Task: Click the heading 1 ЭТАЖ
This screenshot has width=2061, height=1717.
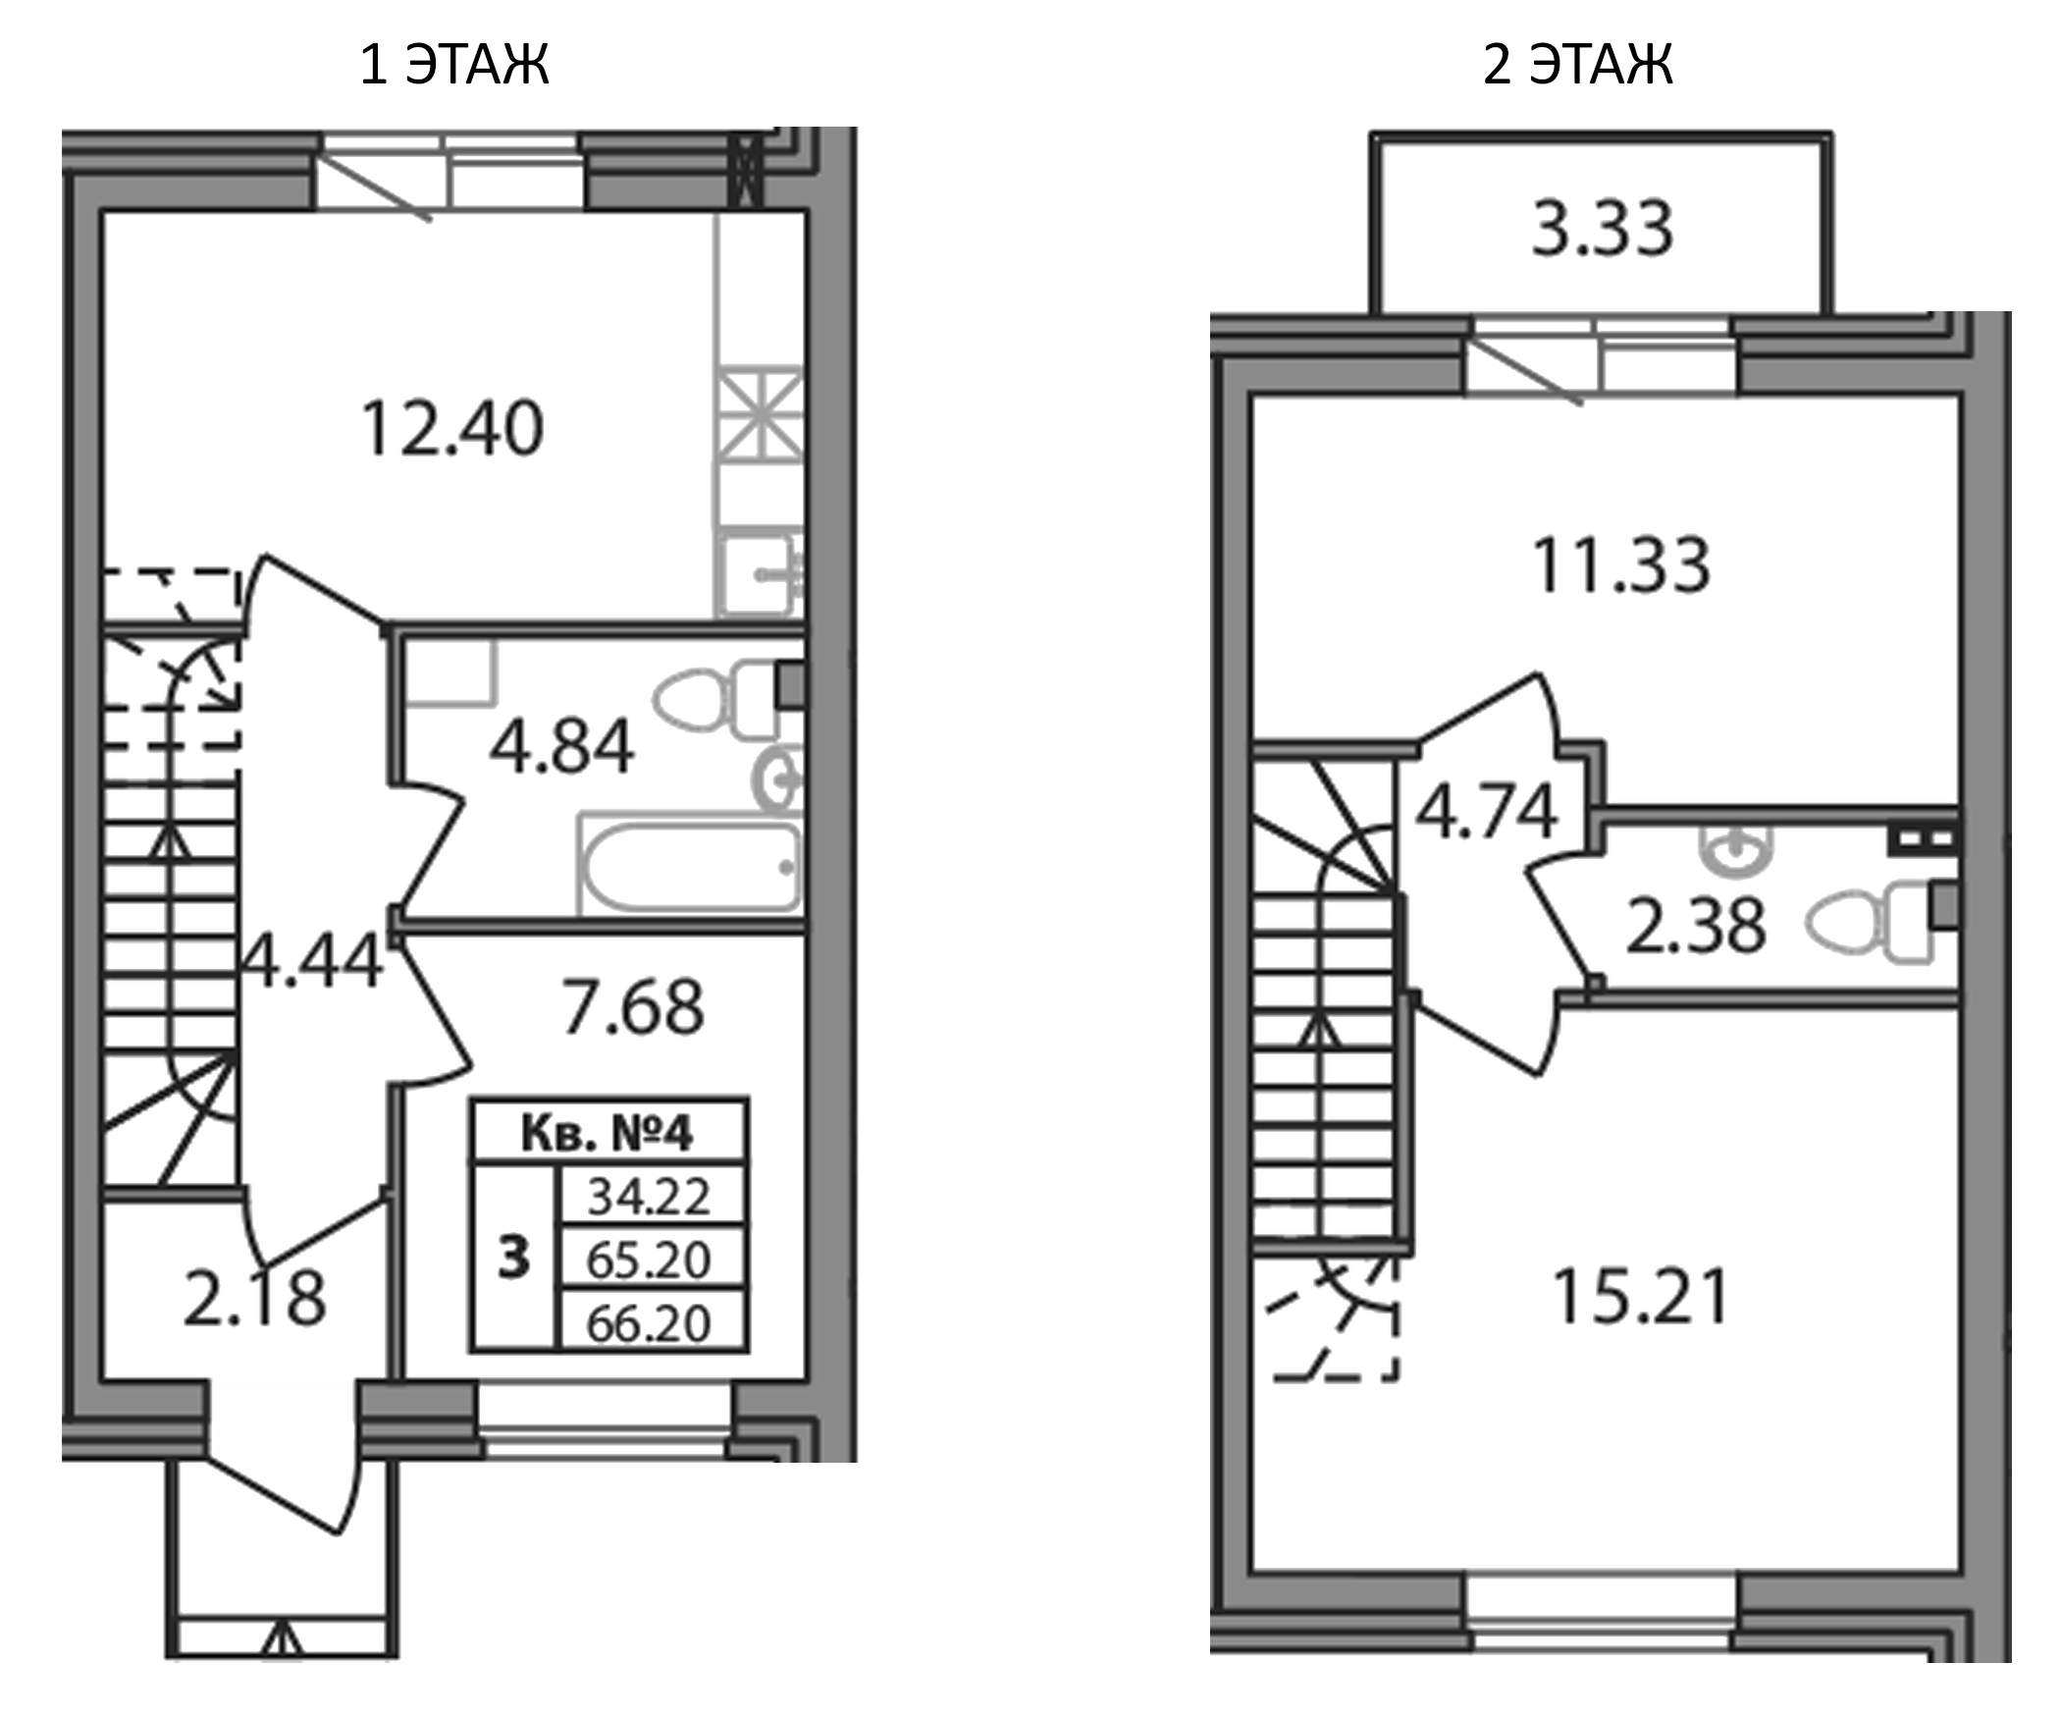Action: pos(454,65)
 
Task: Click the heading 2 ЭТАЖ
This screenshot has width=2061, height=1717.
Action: pos(1577,65)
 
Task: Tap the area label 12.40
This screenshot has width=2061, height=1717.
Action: pos(452,429)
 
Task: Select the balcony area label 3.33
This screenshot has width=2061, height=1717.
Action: pos(1602,229)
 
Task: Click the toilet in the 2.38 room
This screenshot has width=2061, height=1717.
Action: pos(1870,921)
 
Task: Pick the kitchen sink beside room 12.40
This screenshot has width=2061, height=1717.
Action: pos(758,574)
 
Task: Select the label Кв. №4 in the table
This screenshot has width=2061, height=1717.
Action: pos(608,1133)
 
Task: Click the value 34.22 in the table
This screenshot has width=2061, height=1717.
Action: pos(649,1197)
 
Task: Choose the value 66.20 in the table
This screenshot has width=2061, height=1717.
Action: pos(649,1323)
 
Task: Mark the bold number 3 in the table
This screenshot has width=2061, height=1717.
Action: pos(513,1258)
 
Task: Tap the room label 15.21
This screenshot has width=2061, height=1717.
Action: pos(1640,1297)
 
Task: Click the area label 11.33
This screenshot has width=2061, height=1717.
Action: pos(1621,565)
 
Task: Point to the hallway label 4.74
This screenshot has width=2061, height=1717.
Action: pos(1486,812)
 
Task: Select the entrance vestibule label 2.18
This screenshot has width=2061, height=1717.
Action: pos(254,1300)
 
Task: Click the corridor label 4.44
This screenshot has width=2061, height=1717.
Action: pos(312,962)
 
